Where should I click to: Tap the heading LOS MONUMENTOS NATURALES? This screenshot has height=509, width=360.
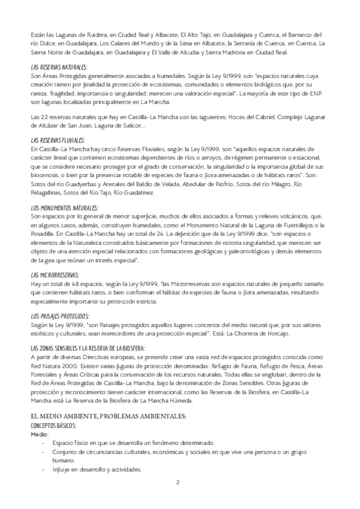64,208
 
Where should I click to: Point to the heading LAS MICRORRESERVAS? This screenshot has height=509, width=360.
54,276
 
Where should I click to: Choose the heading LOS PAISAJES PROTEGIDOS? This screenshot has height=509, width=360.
59,316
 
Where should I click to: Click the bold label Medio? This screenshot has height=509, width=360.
38,433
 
